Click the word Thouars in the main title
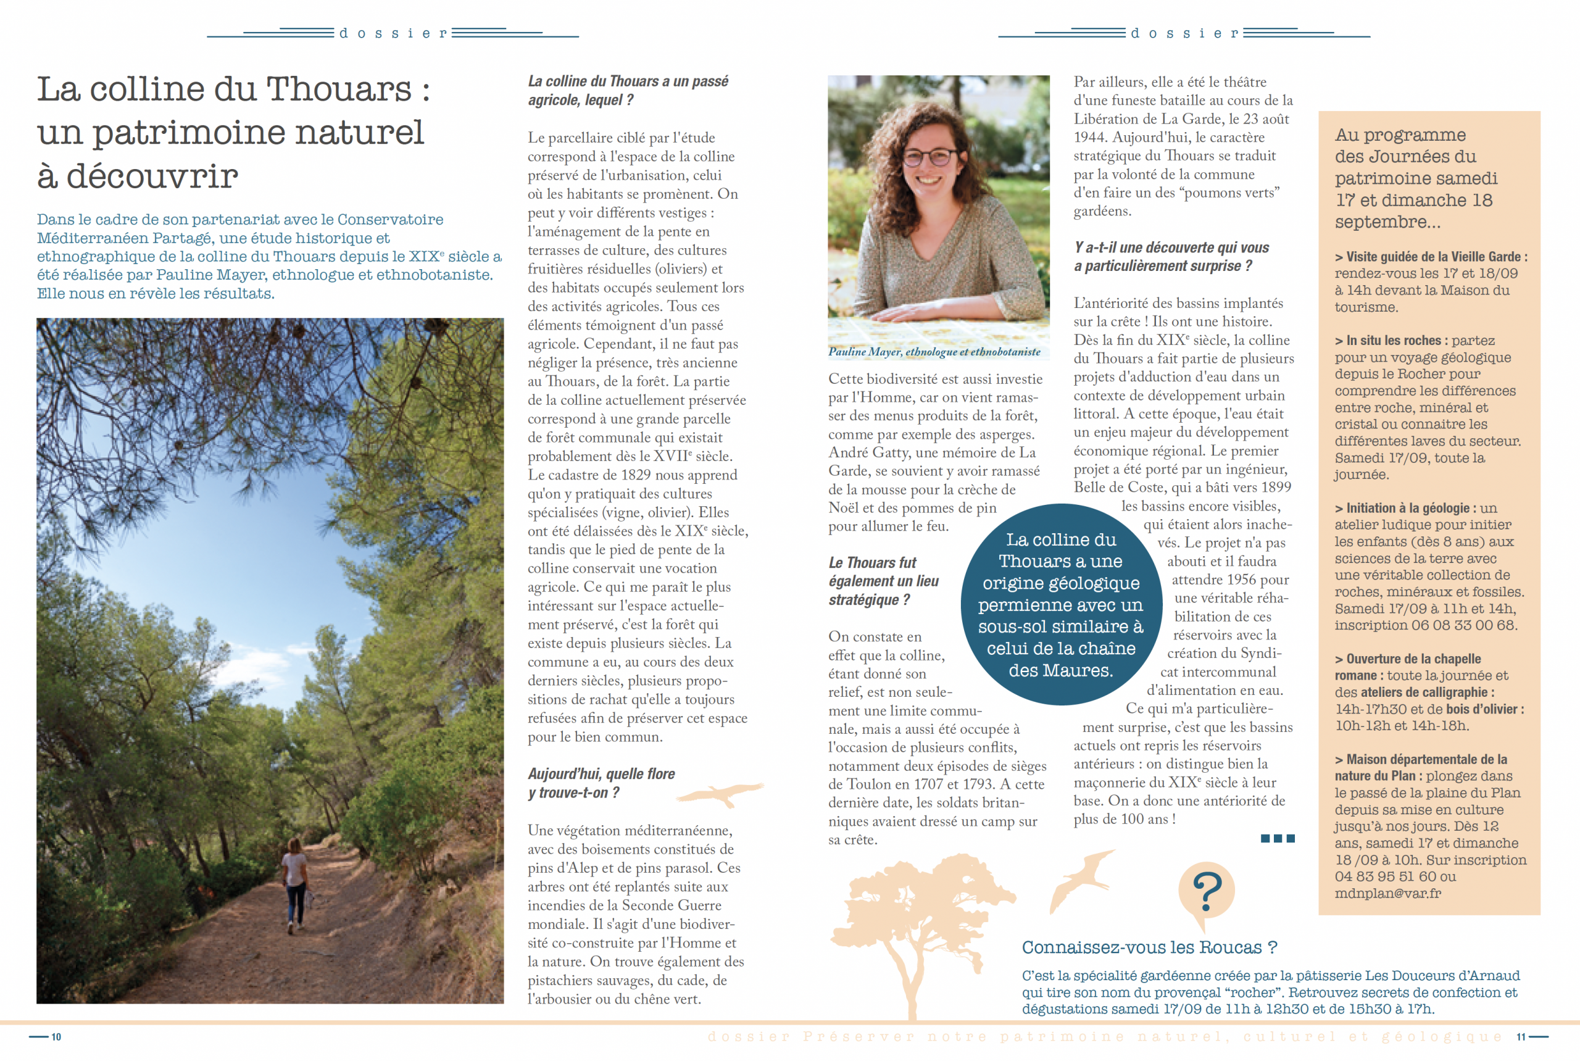(338, 89)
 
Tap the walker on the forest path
(295, 883)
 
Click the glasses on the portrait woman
(934, 157)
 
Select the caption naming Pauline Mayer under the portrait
(934, 352)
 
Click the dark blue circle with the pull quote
(1060, 604)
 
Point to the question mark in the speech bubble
(1207, 892)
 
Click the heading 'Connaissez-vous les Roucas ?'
(1149, 947)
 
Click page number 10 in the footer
(56, 1037)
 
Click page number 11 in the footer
(1521, 1037)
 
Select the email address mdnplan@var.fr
(1387, 893)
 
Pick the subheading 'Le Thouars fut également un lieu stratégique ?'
(883, 581)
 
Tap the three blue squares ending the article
(1277, 838)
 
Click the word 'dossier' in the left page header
(393, 33)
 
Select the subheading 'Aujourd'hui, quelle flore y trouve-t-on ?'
(601, 783)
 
